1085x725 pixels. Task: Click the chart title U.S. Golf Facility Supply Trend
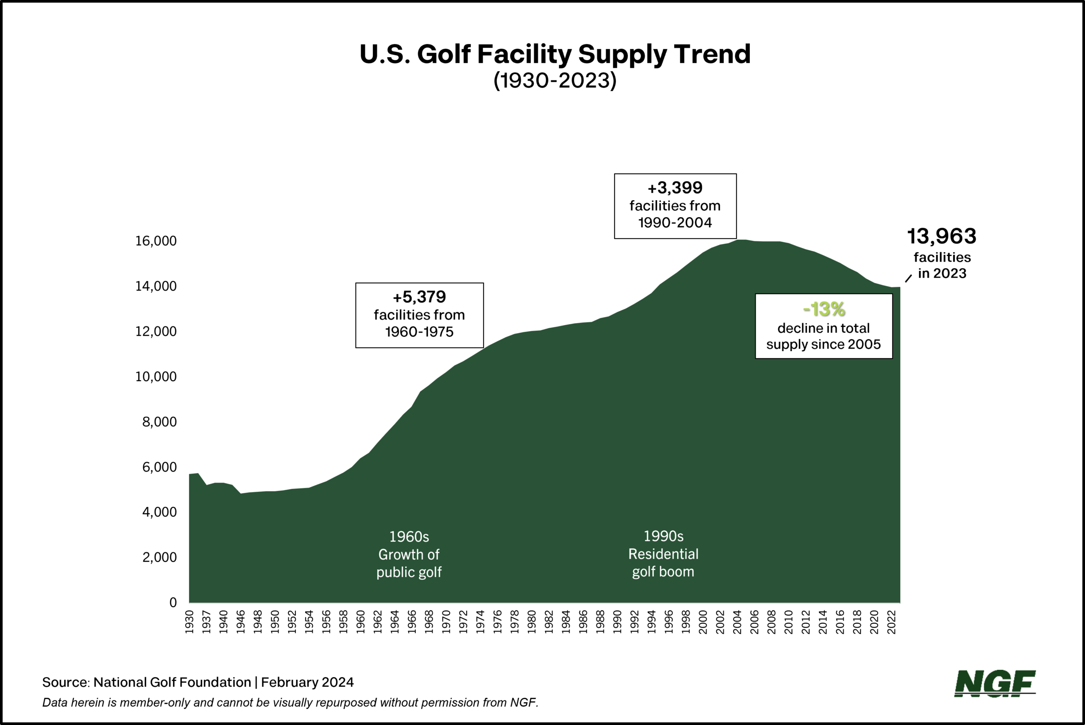(x=555, y=54)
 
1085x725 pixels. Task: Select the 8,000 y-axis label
(x=159, y=422)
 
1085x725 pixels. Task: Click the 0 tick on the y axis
(x=173, y=602)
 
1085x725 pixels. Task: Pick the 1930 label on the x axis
(x=189, y=622)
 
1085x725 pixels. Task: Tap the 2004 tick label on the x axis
(x=737, y=622)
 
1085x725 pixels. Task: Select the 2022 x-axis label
(x=891, y=622)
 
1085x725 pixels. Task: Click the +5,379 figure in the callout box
(x=419, y=297)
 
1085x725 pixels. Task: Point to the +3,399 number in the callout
(x=675, y=188)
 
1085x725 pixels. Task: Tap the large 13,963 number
(x=941, y=236)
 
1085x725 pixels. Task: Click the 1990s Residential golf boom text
(x=663, y=554)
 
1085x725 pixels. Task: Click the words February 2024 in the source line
(x=307, y=683)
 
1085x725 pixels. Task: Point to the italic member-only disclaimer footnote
(x=290, y=703)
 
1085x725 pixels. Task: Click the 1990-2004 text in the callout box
(x=675, y=223)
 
